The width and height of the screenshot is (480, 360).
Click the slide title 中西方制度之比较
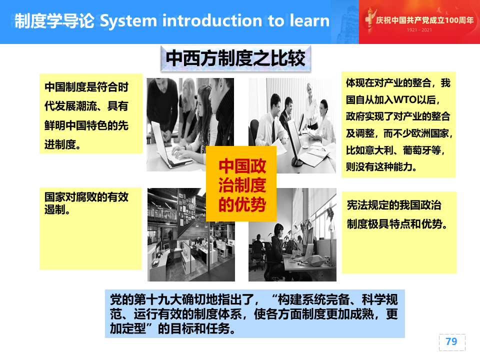235,58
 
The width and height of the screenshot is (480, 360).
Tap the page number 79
451,341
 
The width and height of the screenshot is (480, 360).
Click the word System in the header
128,21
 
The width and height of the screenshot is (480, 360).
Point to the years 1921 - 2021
419,30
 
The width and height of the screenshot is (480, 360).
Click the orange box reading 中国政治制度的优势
241,183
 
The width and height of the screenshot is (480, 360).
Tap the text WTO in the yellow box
405,99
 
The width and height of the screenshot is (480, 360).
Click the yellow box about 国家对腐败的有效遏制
90,228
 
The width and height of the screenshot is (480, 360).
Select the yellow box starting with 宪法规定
399,232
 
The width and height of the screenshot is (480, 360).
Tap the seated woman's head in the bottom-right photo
279,229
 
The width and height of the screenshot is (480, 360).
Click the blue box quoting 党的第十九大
254,314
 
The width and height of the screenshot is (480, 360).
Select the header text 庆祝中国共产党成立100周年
425,20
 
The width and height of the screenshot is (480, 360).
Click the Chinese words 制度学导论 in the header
54,21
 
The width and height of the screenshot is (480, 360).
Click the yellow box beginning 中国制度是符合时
91,113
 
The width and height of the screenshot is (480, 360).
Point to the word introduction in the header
212,20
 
